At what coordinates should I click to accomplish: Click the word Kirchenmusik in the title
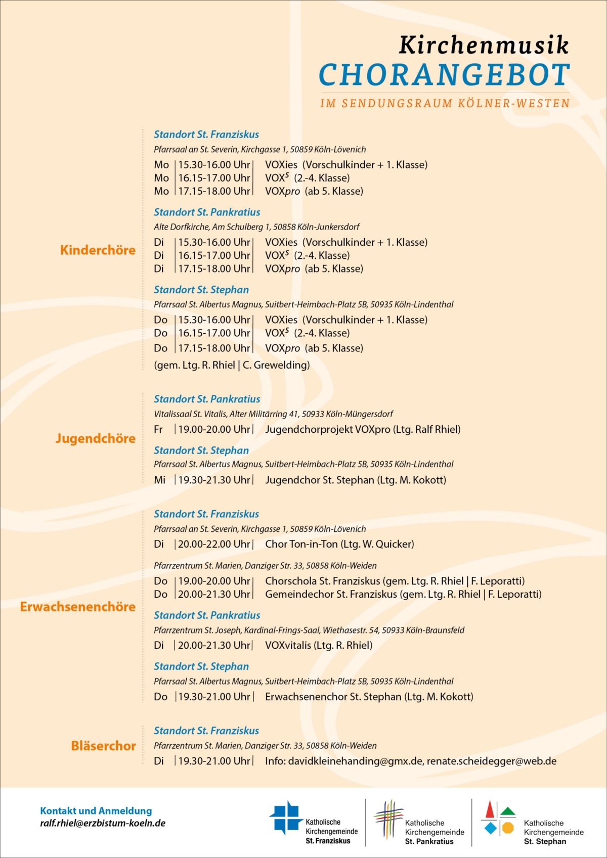coord(484,45)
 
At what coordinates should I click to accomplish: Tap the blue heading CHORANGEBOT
coord(444,75)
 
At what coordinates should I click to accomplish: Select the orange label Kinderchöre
coord(98,250)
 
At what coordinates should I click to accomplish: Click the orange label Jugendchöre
coord(95,438)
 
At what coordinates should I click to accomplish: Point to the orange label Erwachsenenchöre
coord(77,607)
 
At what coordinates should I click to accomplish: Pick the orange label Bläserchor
coord(103,746)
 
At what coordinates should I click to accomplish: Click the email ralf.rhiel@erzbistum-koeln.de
coord(103,823)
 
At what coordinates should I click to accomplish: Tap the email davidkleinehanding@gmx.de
coord(356,761)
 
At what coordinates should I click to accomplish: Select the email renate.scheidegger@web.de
coord(492,761)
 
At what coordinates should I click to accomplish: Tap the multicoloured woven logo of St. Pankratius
coord(388,819)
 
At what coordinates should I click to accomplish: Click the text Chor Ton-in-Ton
coord(301,545)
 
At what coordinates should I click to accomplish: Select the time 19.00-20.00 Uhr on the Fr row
coord(214,430)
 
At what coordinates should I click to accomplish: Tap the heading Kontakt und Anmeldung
coord(96,810)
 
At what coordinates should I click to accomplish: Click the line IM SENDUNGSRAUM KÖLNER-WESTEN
coord(445,104)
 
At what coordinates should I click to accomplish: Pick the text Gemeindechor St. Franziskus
coord(331,595)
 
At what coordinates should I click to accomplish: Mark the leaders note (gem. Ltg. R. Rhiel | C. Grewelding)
coord(232,365)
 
